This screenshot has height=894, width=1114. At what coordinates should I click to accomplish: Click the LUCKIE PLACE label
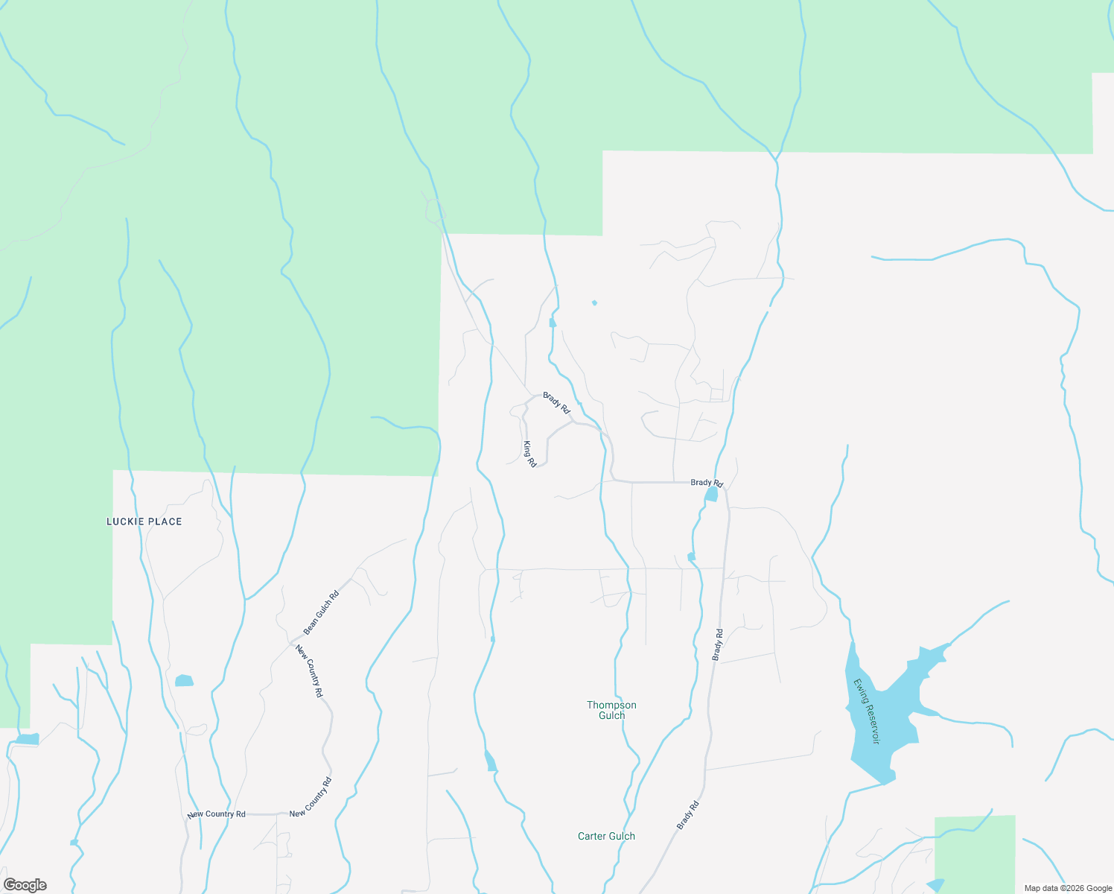[x=144, y=521]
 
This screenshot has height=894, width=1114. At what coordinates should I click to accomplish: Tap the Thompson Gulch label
[x=611, y=710]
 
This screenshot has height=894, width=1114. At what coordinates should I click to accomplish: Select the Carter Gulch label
[x=606, y=836]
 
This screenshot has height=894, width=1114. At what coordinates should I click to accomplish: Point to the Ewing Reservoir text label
[x=867, y=711]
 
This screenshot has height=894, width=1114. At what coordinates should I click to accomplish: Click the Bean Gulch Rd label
[x=321, y=612]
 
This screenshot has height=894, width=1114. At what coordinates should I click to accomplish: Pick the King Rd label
[x=529, y=454]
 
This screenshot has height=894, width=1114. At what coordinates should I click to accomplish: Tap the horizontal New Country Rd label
[x=216, y=814]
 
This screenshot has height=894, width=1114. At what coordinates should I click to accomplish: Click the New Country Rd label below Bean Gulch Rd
[x=309, y=670]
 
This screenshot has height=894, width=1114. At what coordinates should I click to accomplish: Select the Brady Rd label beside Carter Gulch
[x=688, y=816]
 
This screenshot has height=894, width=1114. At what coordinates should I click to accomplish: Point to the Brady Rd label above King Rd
[x=556, y=403]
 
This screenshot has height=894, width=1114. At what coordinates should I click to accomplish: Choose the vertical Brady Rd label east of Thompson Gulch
[x=717, y=645]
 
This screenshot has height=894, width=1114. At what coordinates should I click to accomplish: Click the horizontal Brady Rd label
[x=706, y=483]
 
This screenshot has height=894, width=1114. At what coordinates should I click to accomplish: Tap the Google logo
[x=25, y=885]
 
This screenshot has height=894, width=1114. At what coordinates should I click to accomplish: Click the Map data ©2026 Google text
[x=1068, y=888]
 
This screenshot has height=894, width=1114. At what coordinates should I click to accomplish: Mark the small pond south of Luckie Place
[x=184, y=680]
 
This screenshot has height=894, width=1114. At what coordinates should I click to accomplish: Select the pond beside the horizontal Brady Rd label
[x=711, y=495]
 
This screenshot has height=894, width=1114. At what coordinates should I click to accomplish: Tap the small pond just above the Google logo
[x=27, y=739]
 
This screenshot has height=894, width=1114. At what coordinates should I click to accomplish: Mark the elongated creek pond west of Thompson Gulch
[x=490, y=761]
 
